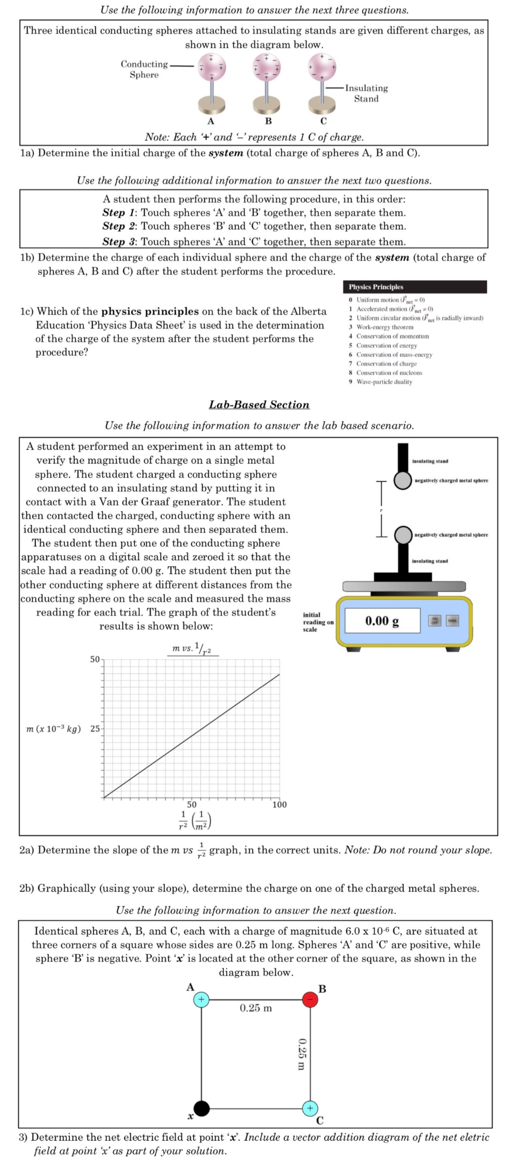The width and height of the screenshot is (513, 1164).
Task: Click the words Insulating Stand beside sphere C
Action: [x=366, y=93]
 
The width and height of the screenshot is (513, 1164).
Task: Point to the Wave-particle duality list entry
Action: [x=384, y=382]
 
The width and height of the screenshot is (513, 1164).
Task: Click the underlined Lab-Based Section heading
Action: [x=259, y=404]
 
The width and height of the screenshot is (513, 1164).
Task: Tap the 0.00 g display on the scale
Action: [x=382, y=620]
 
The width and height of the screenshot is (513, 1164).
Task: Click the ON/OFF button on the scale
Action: [x=435, y=620]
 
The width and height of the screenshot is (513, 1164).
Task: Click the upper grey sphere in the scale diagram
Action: [x=403, y=480]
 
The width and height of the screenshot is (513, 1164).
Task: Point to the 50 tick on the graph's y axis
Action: [x=95, y=659]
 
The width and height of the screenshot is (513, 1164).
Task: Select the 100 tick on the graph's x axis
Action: [x=279, y=804]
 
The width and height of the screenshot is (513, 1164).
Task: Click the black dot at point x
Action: [x=201, y=1108]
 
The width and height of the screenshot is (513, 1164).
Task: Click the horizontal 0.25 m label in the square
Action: [x=256, y=1008]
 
